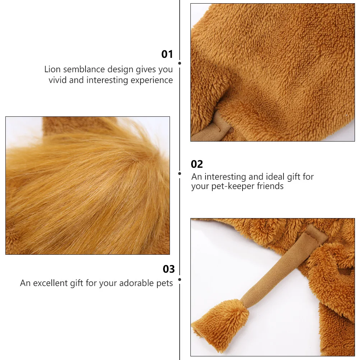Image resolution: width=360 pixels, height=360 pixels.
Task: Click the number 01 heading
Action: click(167, 54)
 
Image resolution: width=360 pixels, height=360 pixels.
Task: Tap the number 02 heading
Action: click(197, 164)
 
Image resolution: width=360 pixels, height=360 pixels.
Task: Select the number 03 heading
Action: click(169, 269)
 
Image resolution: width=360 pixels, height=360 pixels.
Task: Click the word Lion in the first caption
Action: click(52, 69)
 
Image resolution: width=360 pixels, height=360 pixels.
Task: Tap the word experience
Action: click(152, 80)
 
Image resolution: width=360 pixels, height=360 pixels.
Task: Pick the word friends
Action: click(270, 186)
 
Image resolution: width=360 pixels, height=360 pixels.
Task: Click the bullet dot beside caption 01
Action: click(180, 63)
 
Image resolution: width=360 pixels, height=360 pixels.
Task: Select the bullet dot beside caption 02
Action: click(180, 174)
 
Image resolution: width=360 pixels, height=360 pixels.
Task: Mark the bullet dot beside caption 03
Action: click(180, 279)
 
